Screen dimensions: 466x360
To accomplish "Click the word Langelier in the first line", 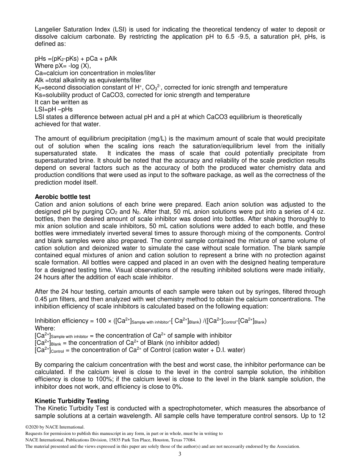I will [48, 30].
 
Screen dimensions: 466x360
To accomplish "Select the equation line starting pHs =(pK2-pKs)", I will [76, 59].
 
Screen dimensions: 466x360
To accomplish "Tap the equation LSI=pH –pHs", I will [53, 109].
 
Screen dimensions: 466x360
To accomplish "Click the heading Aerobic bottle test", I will [63, 197].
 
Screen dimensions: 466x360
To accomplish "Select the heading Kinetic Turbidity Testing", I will [72, 401].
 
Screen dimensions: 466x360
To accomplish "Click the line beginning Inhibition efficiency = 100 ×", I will [150, 321].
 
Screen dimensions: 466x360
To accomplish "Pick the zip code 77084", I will [188, 440].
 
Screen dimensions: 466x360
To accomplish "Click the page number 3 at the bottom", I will [180, 454].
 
